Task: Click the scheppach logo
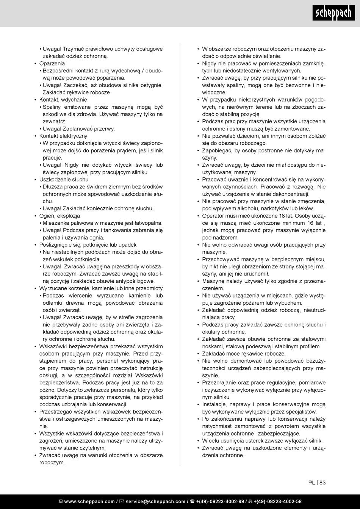(x=333, y=14)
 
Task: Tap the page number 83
(x=322, y=482)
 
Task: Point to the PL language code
(x=311, y=482)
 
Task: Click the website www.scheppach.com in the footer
(x=89, y=501)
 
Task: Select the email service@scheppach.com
(x=155, y=501)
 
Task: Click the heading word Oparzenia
(x=52, y=63)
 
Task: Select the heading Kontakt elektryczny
(x=63, y=136)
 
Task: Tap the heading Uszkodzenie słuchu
(x=64, y=179)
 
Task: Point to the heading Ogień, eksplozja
(x=59, y=216)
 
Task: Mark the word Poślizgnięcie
(x=56, y=245)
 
